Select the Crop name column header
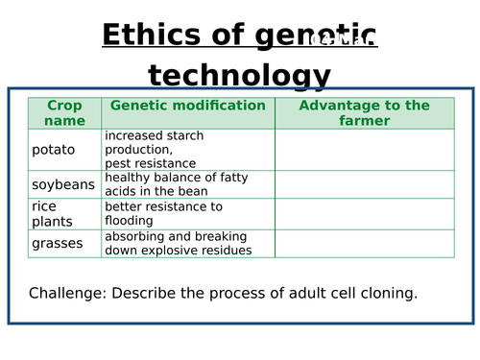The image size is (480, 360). pyautogui.click(x=64, y=112)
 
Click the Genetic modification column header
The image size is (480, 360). pyautogui.click(x=187, y=106)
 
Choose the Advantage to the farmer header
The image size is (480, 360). pyautogui.click(x=364, y=112)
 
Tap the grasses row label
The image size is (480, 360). pyautogui.click(x=57, y=244)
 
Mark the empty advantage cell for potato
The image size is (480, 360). pyautogui.click(x=364, y=150)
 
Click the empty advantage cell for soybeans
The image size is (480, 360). pyautogui.click(x=364, y=184)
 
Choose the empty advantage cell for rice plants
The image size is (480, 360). pyautogui.click(x=364, y=213)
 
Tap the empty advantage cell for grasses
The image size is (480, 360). pyautogui.click(x=364, y=244)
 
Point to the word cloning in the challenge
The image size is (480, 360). pyautogui.click(x=387, y=293)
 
